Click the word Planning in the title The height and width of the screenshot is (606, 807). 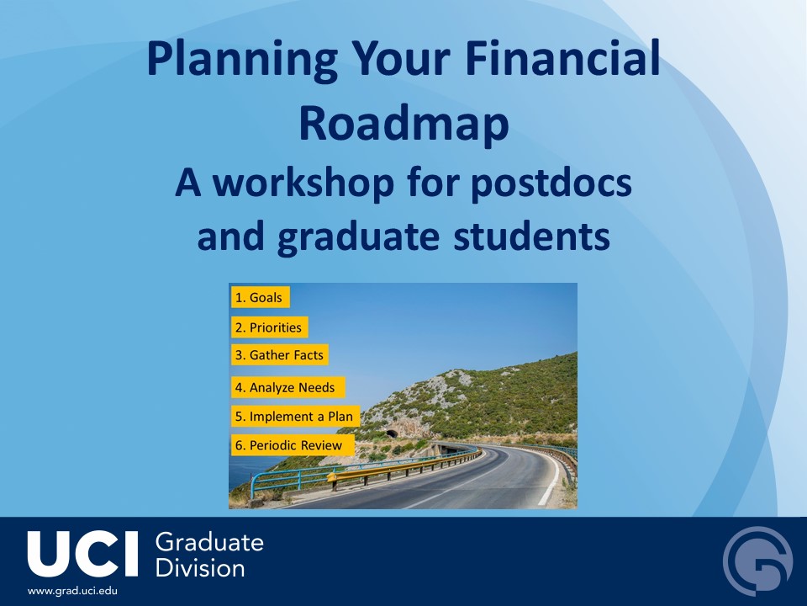pos(242,59)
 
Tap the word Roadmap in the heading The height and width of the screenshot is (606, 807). pos(404,125)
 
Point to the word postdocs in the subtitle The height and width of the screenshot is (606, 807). pos(551,184)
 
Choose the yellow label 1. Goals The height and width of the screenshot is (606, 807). pos(261,297)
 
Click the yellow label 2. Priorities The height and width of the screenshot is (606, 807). pos(270,327)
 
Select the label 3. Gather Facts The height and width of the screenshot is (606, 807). pos(280,355)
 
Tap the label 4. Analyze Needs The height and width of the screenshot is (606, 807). pos(288,387)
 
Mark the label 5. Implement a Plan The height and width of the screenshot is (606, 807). pos(295,417)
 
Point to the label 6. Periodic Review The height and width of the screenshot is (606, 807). pos(293,445)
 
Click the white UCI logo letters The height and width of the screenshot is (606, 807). pos(83,554)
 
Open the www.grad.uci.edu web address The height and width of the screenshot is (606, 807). pos(72,591)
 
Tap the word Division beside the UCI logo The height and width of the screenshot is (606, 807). pos(200,568)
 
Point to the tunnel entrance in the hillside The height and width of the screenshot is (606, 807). pos(393,434)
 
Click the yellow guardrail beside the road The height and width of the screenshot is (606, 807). pos(404,466)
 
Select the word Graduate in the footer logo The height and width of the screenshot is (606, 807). pos(209,543)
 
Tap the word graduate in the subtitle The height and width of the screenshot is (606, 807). pos(358,238)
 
